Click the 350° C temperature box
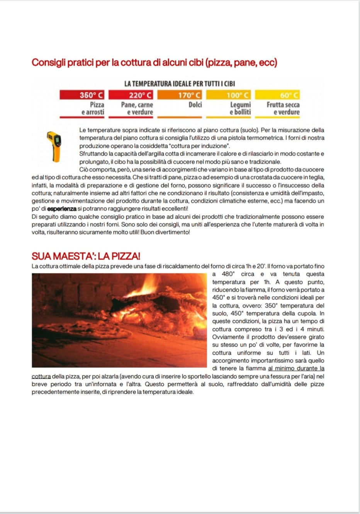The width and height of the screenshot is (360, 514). [82, 95]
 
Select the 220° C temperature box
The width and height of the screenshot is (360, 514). [131, 95]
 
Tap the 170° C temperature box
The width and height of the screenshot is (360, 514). [179, 95]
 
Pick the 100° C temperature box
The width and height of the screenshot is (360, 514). [228, 95]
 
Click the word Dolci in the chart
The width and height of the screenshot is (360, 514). [195, 105]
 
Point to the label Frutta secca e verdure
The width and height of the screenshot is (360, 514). [283, 108]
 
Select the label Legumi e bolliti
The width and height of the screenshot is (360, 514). [240, 108]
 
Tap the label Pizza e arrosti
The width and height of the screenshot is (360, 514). [93, 108]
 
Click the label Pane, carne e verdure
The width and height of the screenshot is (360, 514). [137, 108]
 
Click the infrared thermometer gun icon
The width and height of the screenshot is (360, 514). [54, 146]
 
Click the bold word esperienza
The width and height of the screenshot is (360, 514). [62, 209]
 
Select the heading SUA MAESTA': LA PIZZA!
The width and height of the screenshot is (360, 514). [86, 256]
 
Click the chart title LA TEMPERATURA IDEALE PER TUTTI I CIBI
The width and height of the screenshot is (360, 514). [180, 83]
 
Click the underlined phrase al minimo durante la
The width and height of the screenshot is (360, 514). [296, 368]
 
